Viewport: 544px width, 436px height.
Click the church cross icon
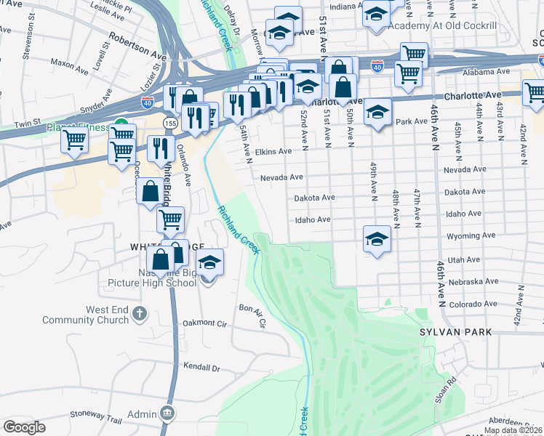point(140,314)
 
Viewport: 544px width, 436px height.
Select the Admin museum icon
point(168,413)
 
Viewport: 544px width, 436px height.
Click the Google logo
point(24,427)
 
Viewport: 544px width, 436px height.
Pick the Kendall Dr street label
point(201,368)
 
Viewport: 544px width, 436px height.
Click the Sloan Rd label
point(452,384)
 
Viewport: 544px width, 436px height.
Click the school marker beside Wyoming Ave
point(377,238)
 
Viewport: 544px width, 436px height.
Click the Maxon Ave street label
point(70,64)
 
